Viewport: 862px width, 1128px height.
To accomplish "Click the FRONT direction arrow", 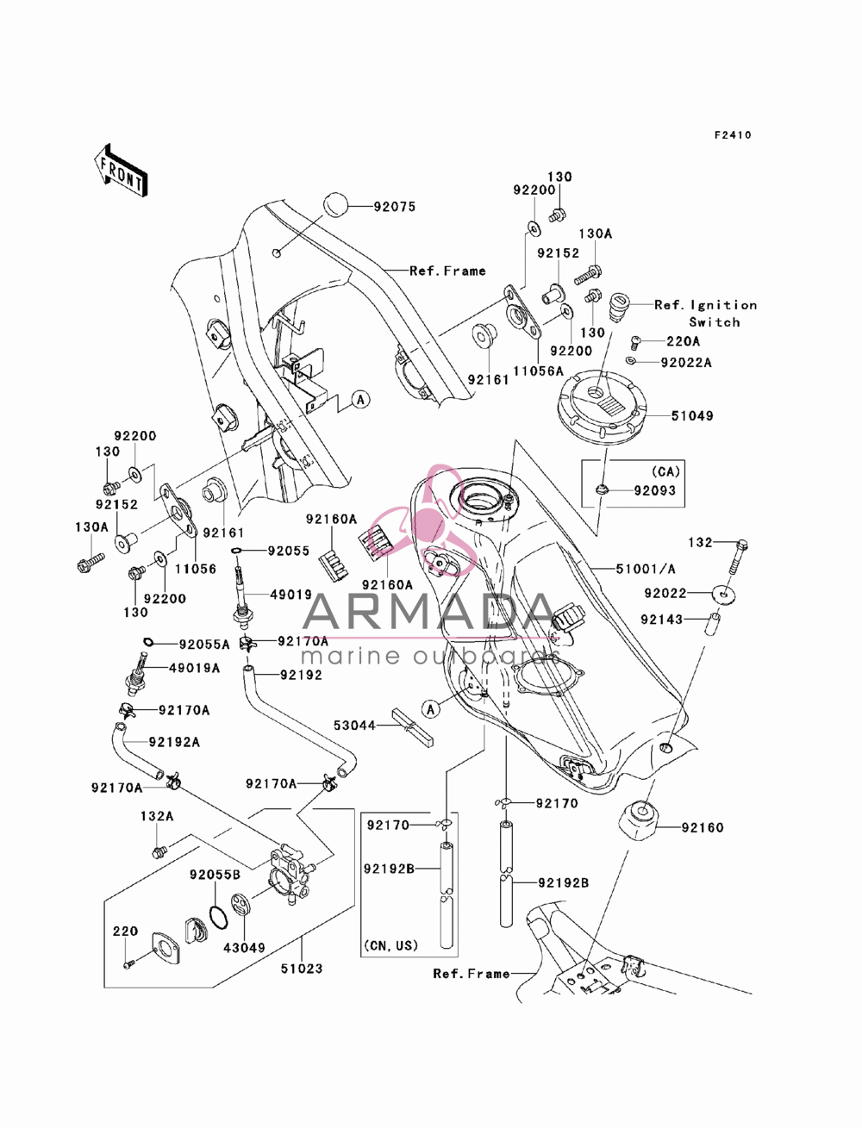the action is coord(121,171).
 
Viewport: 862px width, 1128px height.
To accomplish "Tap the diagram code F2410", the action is coord(733,135).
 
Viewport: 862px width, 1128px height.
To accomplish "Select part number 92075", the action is coord(394,207).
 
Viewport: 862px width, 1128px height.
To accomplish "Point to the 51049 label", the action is coord(692,415).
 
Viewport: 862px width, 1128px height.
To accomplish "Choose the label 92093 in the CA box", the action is coord(654,491).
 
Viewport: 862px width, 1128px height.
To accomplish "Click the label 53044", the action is coord(354,725).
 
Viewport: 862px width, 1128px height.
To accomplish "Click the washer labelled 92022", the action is coord(723,595).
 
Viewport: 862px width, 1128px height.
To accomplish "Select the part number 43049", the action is coord(244,947).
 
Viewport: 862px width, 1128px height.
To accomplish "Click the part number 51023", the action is coord(302,969).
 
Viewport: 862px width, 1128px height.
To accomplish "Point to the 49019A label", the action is coord(194,668).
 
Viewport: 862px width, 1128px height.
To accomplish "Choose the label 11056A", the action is coord(538,371).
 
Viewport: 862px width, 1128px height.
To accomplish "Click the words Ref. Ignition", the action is coord(705,305).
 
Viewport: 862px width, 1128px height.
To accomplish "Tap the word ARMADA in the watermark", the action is coord(428,611).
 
